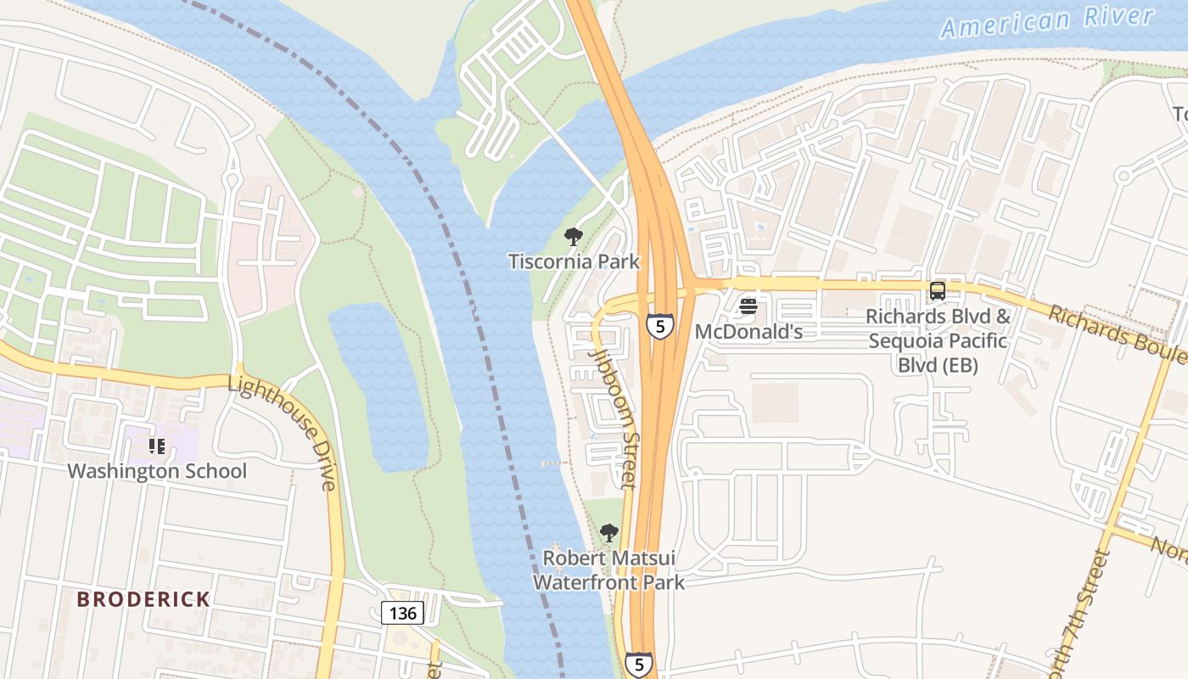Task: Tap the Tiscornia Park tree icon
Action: coord(574,236)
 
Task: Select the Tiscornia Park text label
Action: coord(574,261)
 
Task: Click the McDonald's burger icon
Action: coord(748,306)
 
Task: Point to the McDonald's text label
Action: coord(748,331)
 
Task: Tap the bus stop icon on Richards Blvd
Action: coord(938,291)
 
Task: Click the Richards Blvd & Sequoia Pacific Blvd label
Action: coord(938,341)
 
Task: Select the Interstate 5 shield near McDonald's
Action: coord(659,325)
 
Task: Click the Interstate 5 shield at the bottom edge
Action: coord(639,665)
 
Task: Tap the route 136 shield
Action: coord(402,613)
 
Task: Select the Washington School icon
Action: coord(156,446)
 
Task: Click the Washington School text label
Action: coord(157,471)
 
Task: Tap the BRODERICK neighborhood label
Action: coord(143,599)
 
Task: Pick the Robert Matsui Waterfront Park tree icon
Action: coord(608,533)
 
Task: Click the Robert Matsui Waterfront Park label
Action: coord(608,570)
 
